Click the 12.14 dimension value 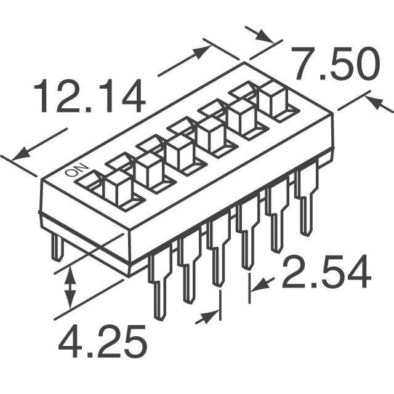coord(89,96)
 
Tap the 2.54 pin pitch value coord(326,271)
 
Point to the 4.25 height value coord(102,341)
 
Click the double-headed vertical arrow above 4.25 coord(70,287)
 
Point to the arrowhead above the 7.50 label coord(264,36)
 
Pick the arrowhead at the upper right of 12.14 coord(201,52)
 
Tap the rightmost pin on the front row coord(307,202)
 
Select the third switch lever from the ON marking coord(180,152)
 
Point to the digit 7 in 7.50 coord(305,64)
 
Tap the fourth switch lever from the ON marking coord(211,135)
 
